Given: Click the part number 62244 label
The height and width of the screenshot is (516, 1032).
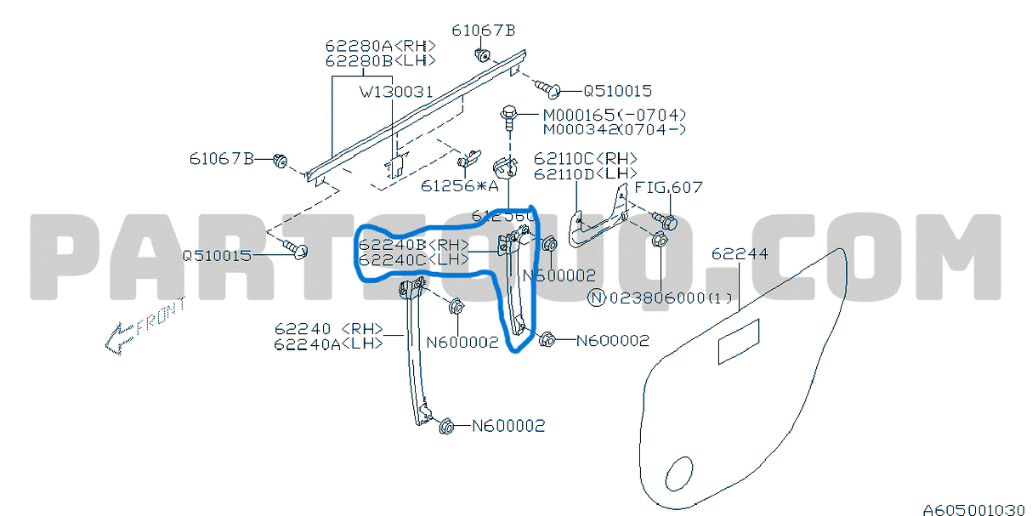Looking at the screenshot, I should tap(739, 254).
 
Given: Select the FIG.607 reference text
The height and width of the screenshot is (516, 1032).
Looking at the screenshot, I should tap(669, 188).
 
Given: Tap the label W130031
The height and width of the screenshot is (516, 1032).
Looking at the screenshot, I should tap(395, 91).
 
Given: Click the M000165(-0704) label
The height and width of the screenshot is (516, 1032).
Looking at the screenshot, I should tap(615, 115).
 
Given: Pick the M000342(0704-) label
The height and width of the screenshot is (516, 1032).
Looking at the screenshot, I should tap(615, 129).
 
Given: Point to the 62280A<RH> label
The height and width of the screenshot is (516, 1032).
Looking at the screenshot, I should tap(380, 46).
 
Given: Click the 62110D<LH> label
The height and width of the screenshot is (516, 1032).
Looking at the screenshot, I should tap(585, 173).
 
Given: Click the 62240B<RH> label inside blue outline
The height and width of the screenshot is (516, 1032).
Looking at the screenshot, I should tap(414, 245).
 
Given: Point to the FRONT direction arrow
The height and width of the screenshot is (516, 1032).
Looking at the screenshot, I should tap(143, 327).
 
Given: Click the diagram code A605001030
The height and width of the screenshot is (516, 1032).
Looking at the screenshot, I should tap(974, 508).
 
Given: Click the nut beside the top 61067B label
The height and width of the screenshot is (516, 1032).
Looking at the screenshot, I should tap(481, 57).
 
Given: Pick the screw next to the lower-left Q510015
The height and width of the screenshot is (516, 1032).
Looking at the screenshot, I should tap(297, 250).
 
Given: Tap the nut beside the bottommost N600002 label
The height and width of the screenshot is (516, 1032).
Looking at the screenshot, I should tap(446, 426).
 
